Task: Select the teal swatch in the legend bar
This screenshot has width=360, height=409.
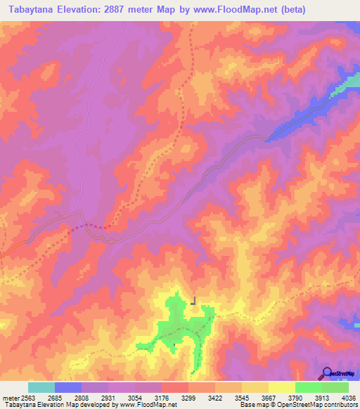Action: click(x=41, y=387)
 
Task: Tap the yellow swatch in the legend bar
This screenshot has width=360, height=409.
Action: click(x=281, y=387)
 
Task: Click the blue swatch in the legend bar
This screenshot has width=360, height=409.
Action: click(x=67, y=387)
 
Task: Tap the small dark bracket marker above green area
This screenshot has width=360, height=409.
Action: click(x=193, y=301)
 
